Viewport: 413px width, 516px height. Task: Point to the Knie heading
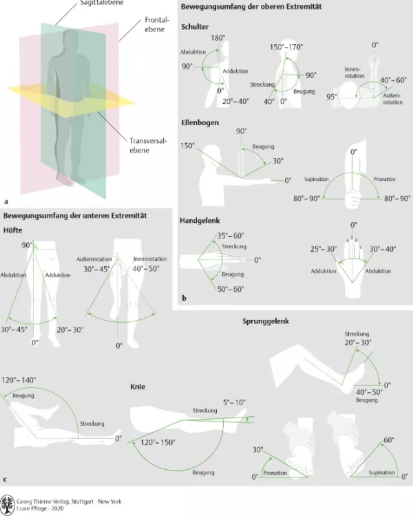(x=138, y=387)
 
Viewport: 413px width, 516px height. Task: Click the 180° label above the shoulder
(x=218, y=37)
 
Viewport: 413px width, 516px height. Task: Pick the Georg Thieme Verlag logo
(x=8, y=502)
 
